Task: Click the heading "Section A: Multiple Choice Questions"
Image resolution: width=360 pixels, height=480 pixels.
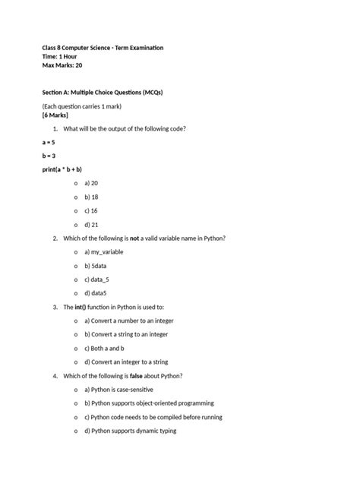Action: pos(103,92)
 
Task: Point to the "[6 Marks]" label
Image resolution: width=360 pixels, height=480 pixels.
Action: pos(55,115)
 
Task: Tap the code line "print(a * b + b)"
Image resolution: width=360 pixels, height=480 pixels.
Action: pos(62,169)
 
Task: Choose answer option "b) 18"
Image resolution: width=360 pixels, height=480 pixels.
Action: pos(91,197)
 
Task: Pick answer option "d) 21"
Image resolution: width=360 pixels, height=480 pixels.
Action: pos(91,225)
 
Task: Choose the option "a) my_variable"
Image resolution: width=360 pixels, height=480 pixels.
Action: pos(103,251)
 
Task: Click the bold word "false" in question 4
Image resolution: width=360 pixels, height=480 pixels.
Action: pos(143,376)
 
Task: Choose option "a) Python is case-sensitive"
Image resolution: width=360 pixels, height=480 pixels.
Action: pos(123,390)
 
